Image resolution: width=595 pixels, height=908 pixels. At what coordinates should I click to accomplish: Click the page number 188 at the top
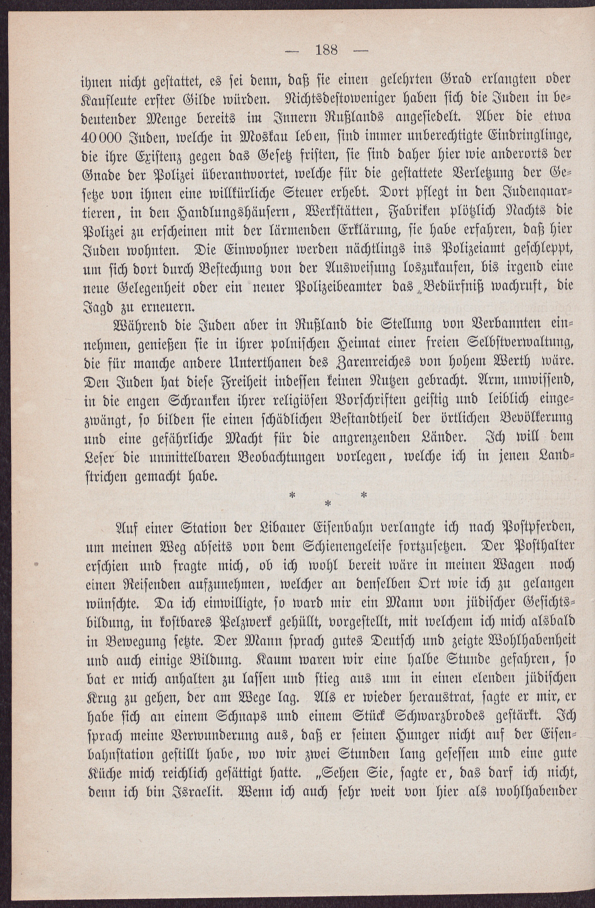(x=327, y=50)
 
